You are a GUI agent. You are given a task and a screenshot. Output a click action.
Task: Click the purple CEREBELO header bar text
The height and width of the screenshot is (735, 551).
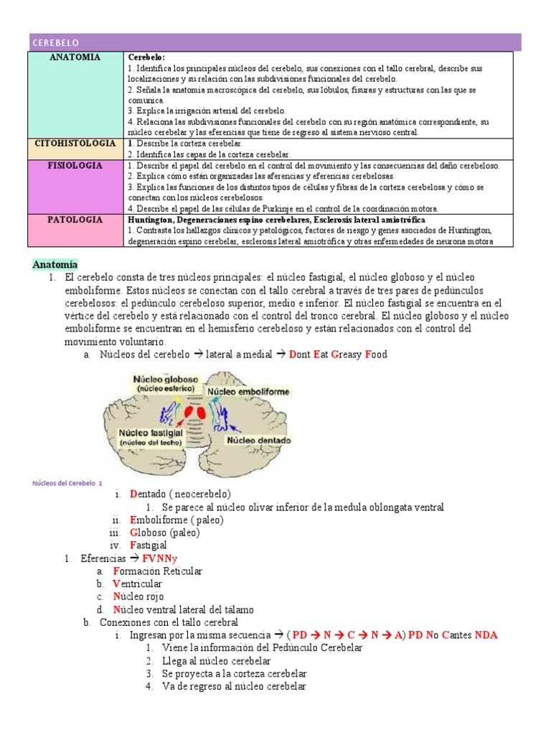pos(56,44)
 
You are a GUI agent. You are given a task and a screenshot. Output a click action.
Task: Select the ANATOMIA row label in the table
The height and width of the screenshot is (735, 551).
pos(75,57)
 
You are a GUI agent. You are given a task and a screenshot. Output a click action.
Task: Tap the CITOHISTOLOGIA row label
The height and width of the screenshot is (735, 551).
pos(75,144)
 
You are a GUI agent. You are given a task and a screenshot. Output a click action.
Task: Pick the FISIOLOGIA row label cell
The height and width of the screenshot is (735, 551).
pos(75,166)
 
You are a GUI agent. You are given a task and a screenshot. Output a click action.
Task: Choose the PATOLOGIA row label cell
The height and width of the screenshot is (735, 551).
pos(75,220)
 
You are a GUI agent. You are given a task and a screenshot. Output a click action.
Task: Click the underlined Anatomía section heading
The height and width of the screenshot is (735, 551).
pos(55,264)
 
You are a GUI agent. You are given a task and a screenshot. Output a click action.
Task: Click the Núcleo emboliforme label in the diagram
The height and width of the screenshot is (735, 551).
pos(249,392)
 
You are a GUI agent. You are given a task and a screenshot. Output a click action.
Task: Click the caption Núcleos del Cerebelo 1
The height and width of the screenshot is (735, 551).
pos(67,484)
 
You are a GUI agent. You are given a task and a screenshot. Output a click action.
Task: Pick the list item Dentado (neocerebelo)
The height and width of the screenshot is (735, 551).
pos(180,495)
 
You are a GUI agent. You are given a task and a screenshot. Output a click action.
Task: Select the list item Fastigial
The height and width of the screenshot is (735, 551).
pos(149,546)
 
